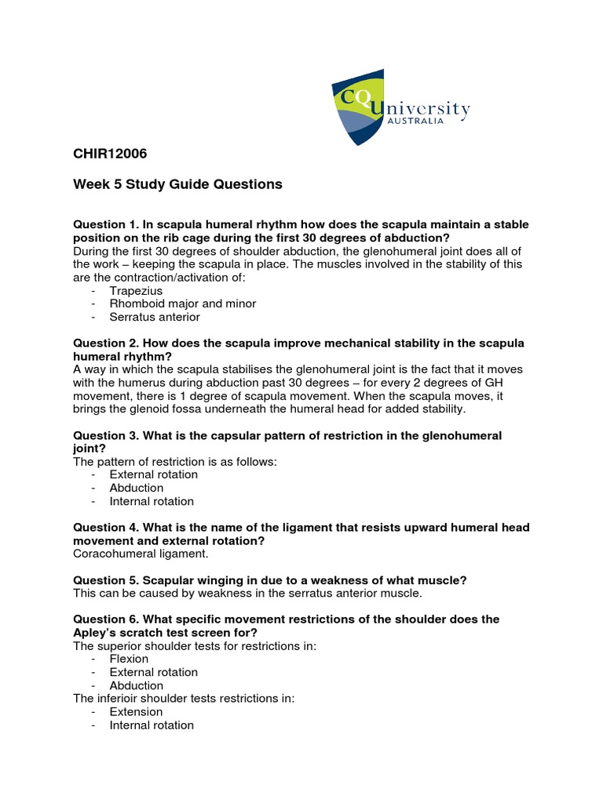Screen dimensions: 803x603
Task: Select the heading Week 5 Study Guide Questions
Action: (177, 184)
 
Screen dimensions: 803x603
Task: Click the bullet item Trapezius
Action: (136, 290)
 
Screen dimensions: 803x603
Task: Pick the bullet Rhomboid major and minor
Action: (182, 303)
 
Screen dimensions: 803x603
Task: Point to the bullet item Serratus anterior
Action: (155, 317)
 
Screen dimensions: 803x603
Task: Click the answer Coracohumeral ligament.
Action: (141, 554)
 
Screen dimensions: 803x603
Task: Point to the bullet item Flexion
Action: (129, 659)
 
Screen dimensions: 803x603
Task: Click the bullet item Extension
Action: (136, 712)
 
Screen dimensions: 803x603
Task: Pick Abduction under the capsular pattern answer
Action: (136, 488)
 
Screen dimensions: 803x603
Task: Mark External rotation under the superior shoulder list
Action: (153, 672)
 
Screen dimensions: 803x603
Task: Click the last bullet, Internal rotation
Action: (152, 725)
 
